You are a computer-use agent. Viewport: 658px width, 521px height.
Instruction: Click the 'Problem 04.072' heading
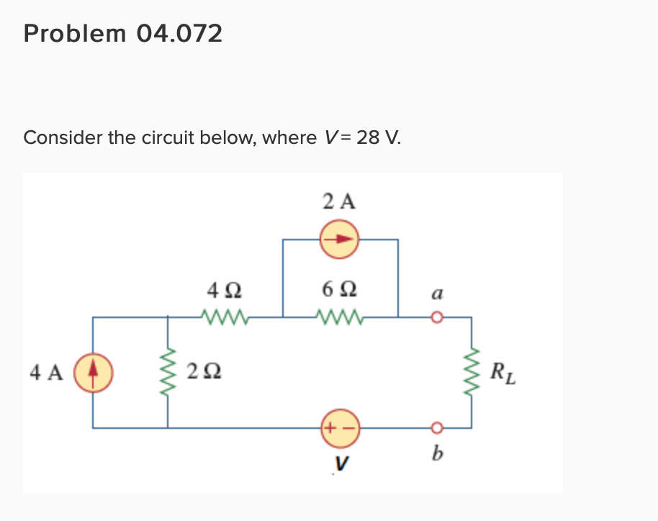point(123,34)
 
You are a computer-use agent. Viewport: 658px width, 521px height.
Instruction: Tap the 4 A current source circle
point(92,372)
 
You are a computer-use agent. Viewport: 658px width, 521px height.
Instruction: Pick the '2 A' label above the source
point(338,201)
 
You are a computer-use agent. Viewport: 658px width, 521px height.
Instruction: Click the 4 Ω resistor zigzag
point(225,316)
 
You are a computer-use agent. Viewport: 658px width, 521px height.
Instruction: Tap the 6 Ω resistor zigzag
point(338,316)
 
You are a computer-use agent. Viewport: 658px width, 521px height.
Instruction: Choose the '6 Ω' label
point(338,292)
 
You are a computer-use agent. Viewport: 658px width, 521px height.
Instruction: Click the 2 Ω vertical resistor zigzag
point(168,372)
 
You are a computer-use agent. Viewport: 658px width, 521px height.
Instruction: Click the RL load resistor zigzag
point(472,372)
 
